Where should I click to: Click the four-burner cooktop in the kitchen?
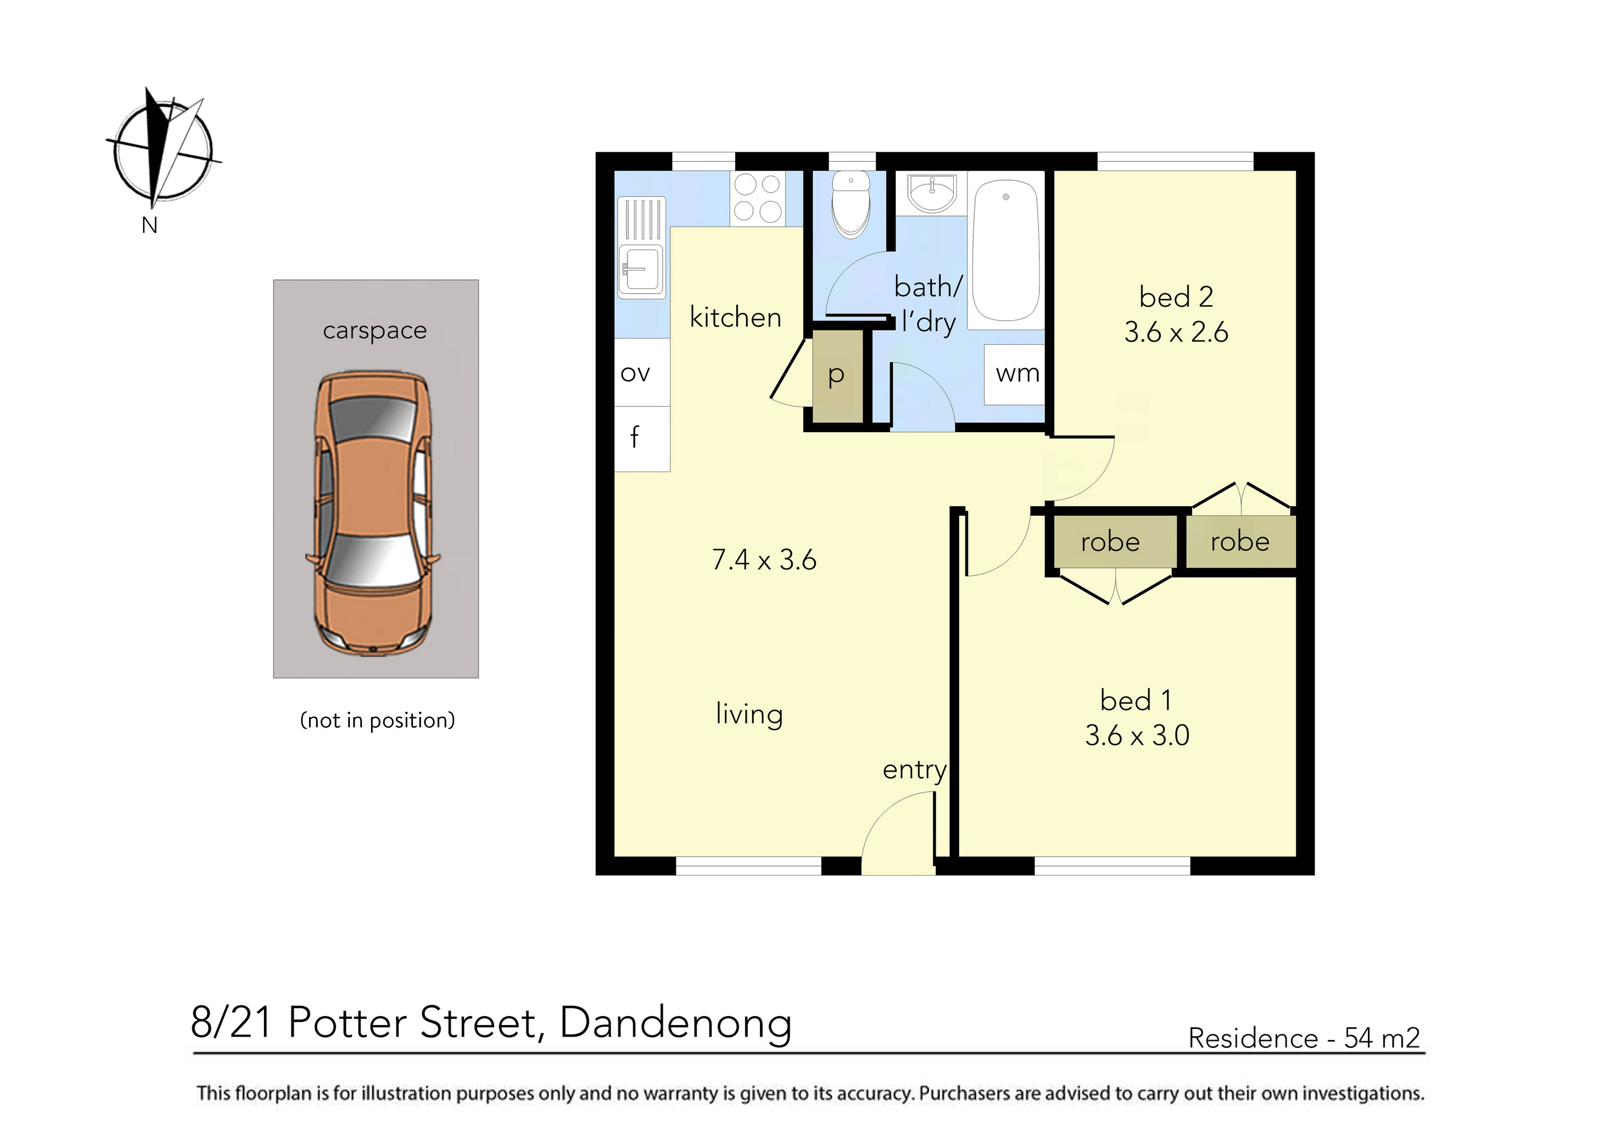(x=757, y=198)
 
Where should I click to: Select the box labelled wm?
(x=1016, y=374)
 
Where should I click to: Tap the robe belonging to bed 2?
(x=1240, y=541)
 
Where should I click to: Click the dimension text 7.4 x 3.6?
(x=764, y=560)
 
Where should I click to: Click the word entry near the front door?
(x=914, y=770)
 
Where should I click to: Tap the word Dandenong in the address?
(x=676, y=1023)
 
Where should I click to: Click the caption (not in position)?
(x=377, y=720)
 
